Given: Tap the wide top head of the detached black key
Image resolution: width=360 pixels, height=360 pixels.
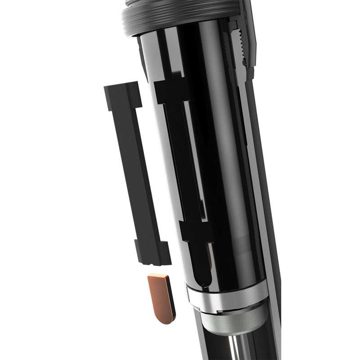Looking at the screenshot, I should [121, 95].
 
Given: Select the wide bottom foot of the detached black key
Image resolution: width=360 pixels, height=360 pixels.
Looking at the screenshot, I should [153, 252].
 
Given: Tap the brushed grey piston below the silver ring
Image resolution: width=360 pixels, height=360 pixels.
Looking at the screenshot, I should [229, 319].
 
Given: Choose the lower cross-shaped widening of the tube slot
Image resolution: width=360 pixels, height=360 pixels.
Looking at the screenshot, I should [196, 232].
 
